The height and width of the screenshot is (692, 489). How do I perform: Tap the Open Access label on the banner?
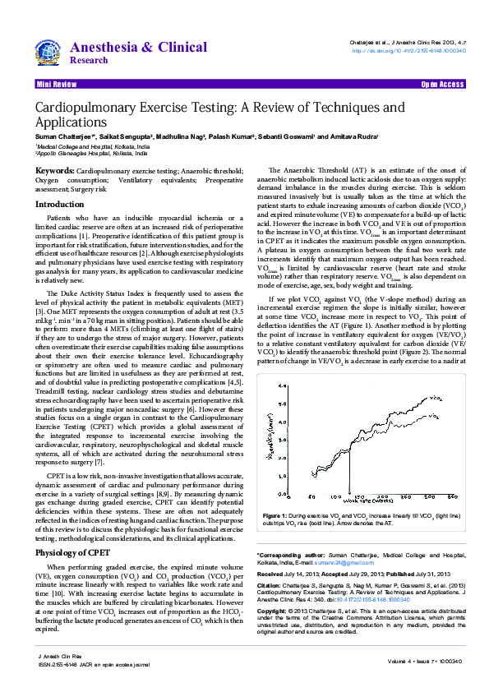(442, 85)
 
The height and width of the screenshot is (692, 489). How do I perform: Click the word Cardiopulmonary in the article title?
(81, 108)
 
